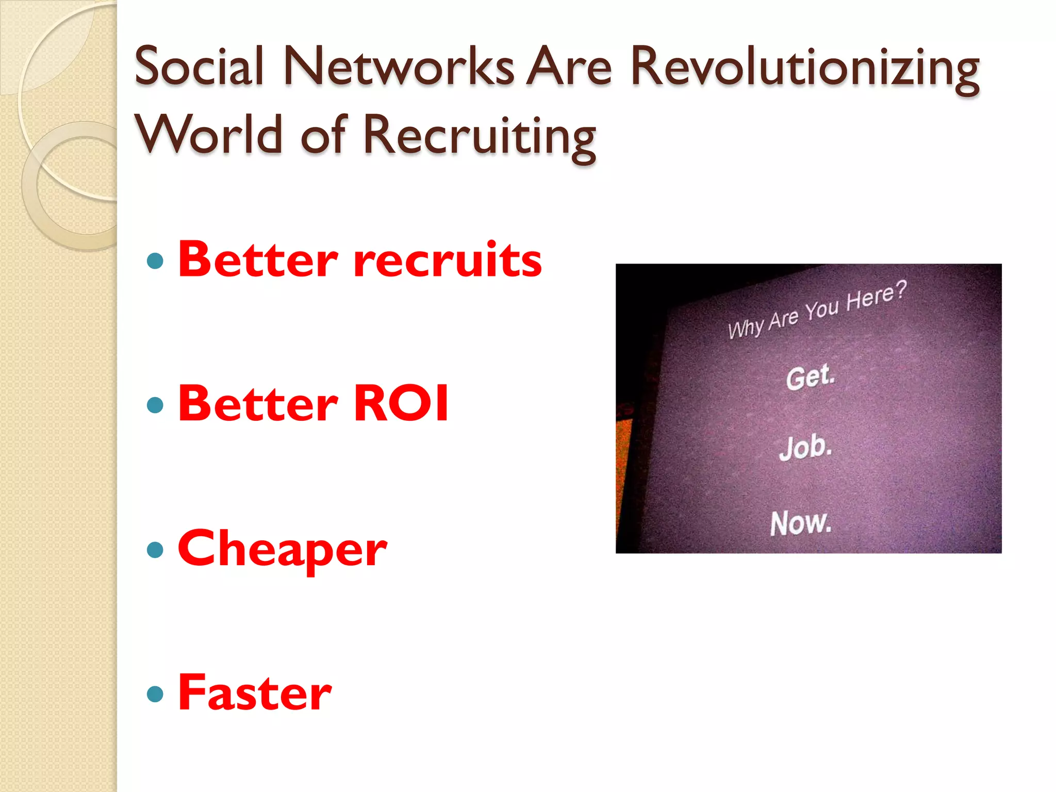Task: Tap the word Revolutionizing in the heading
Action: point(805,69)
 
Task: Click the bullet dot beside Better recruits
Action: point(155,261)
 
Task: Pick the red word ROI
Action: point(401,403)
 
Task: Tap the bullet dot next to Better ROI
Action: point(155,405)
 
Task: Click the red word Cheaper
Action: point(282,550)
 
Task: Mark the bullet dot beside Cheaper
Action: point(155,550)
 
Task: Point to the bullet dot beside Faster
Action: point(155,694)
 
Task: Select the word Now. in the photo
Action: point(801,523)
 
